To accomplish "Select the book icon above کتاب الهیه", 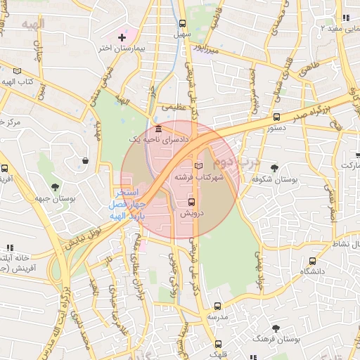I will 17,71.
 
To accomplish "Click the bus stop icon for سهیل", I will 182,23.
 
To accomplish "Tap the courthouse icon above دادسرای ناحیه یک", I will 158,129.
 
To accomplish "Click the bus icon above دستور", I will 276,117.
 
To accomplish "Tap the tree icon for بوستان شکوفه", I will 274,167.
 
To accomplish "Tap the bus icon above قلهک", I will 219,345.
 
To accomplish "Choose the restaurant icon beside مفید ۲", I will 345,18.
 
